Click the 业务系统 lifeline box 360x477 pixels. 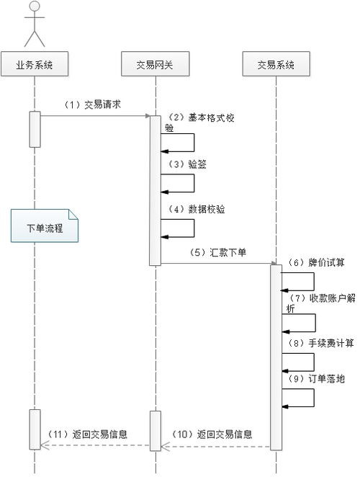(x=35, y=65)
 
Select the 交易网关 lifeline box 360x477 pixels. (x=154, y=65)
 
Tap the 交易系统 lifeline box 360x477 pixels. (x=276, y=65)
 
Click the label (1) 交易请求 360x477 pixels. (x=91, y=104)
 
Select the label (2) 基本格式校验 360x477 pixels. (x=191, y=122)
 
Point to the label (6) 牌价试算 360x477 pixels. (x=315, y=262)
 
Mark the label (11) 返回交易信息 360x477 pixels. (x=92, y=434)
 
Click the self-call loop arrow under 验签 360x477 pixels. (x=180, y=183)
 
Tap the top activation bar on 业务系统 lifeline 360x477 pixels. (x=35, y=129)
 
